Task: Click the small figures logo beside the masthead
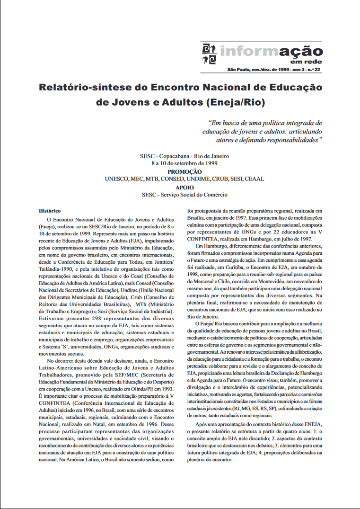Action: (x=209, y=54)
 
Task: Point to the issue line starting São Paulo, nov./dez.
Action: (x=274, y=69)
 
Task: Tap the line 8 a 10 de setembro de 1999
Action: (x=184, y=163)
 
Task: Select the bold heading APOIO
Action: (x=184, y=187)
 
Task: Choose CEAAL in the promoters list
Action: (x=253, y=179)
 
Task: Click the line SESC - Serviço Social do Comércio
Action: (x=184, y=195)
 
